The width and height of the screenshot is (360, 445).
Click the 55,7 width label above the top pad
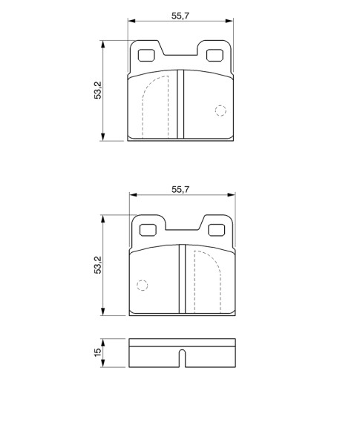click(x=180, y=16)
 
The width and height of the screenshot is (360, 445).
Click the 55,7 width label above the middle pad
click(x=180, y=190)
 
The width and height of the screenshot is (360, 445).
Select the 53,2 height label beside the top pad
click(x=98, y=90)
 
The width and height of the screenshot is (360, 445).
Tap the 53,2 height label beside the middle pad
click(x=98, y=265)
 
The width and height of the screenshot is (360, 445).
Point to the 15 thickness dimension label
click(x=97, y=352)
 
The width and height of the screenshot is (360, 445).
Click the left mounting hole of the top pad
click(x=146, y=56)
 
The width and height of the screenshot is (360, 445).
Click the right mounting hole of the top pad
click(x=215, y=56)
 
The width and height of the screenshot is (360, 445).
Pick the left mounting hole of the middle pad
click(x=148, y=230)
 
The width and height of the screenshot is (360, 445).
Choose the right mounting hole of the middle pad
click(x=217, y=230)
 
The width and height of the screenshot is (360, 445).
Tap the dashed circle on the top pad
click(x=220, y=111)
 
